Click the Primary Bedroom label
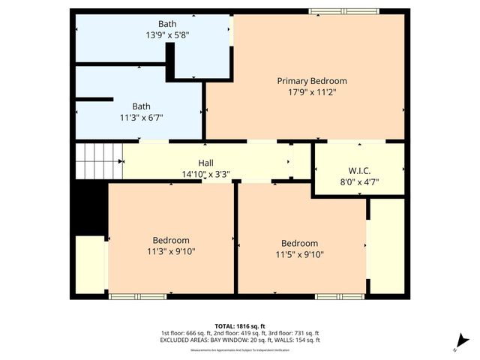pos(312,81)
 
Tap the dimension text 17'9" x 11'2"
pos(312,93)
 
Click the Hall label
pos(205,163)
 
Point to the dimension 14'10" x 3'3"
pos(205,174)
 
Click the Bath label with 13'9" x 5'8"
pos(167,24)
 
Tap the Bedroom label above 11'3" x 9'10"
pos(171,240)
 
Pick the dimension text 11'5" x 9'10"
pos(299,254)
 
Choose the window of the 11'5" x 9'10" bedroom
pos(333,296)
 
